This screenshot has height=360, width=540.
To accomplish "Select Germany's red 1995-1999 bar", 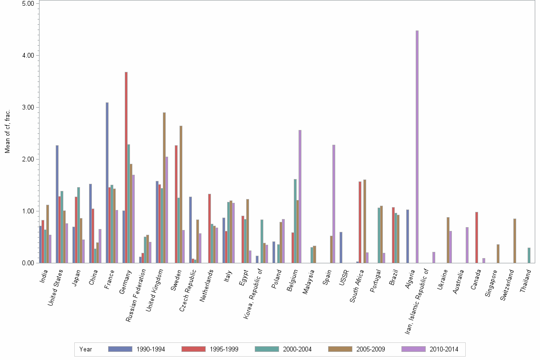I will [126, 167].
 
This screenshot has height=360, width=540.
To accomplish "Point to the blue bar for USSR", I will [341, 247].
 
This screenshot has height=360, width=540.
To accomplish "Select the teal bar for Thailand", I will [529, 255].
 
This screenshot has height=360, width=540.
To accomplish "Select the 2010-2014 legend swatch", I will [414, 349].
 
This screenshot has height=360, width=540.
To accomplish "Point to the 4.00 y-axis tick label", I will [28, 55].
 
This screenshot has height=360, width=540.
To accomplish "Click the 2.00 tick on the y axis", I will [28, 159].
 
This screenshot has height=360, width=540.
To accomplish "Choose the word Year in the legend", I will [86, 349].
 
